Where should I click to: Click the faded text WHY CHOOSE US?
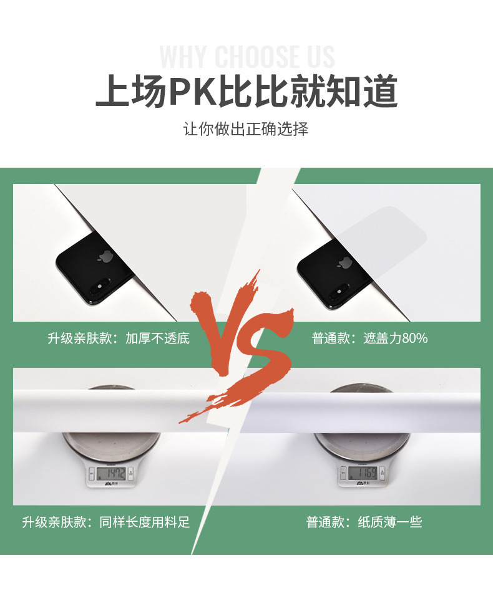pos(247,57)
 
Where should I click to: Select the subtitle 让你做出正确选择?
pos(246,129)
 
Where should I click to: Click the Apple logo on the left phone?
pos(104,256)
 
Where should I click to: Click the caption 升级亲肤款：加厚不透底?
pos(119,339)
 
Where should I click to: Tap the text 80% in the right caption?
pos(415,339)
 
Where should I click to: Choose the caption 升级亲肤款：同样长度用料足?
pos(106,522)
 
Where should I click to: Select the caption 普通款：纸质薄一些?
pos(364,522)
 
